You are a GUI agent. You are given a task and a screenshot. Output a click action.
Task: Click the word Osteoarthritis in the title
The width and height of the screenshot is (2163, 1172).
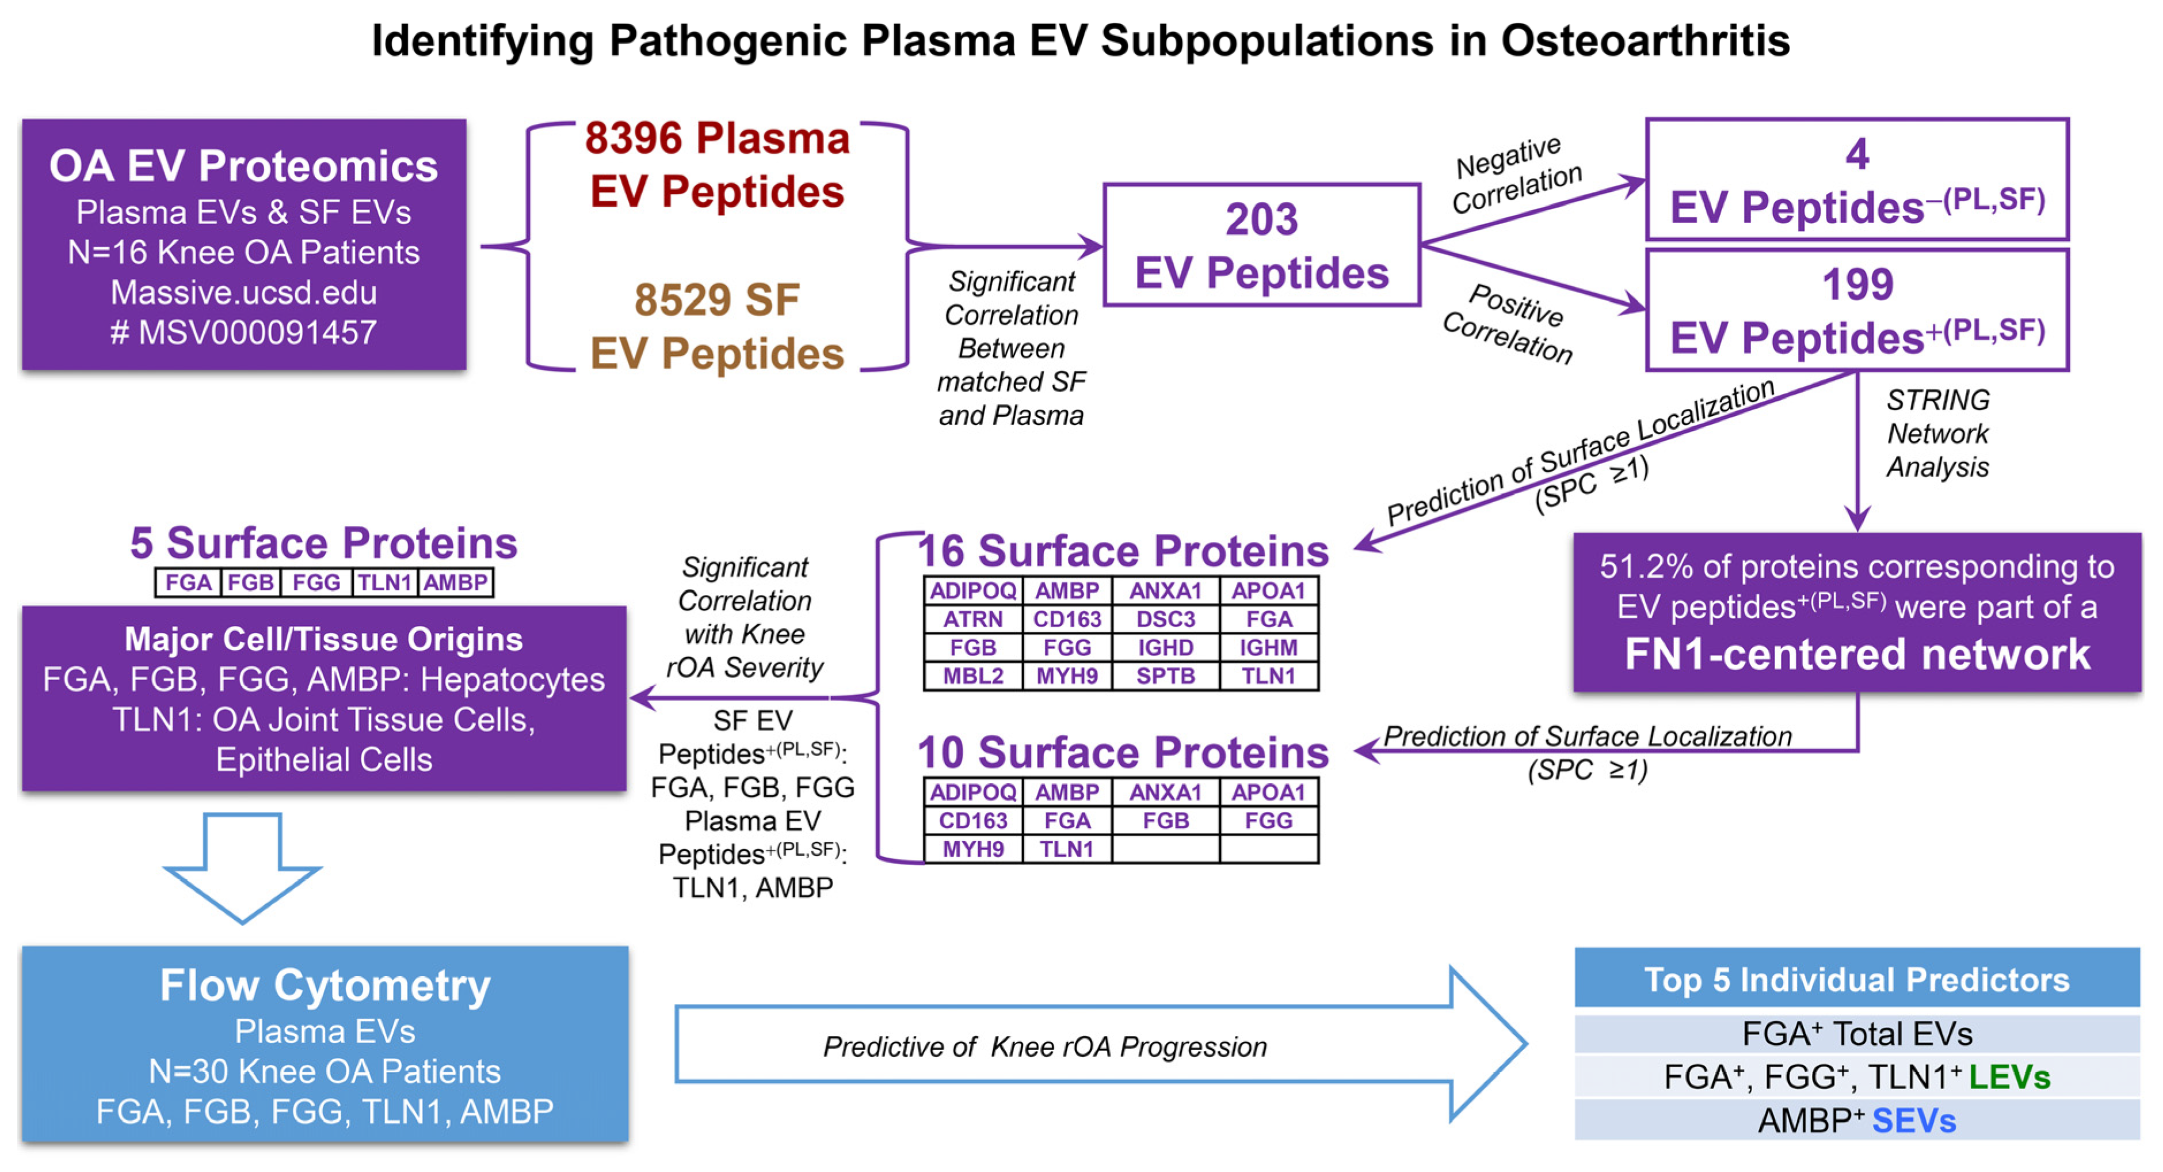(x=1645, y=40)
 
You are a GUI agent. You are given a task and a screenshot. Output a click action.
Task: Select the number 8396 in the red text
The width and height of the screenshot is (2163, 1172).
(x=634, y=139)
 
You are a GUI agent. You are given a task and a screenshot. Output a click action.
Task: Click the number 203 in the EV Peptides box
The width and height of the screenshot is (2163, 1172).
(x=1261, y=220)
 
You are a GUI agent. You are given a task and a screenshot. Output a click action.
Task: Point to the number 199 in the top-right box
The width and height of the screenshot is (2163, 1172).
(x=1857, y=285)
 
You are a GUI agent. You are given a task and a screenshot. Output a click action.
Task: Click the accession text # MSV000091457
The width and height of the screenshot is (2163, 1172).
(x=243, y=333)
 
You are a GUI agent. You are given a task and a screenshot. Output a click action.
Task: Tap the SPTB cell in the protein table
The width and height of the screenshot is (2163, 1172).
(x=1165, y=676)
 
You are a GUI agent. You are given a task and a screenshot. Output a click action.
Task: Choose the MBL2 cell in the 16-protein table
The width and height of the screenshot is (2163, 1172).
(x=972, y=676)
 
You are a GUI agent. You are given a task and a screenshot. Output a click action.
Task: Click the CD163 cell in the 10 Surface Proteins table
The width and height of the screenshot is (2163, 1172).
(x=972, y=821)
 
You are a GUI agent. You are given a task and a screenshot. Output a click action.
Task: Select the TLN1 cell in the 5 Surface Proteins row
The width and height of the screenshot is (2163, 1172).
(x=384, y=583)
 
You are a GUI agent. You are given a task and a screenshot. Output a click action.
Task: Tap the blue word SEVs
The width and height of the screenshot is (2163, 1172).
(x=1914, y=1121)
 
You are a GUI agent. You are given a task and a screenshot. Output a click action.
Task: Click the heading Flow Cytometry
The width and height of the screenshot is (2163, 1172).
(x=325, y=985)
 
